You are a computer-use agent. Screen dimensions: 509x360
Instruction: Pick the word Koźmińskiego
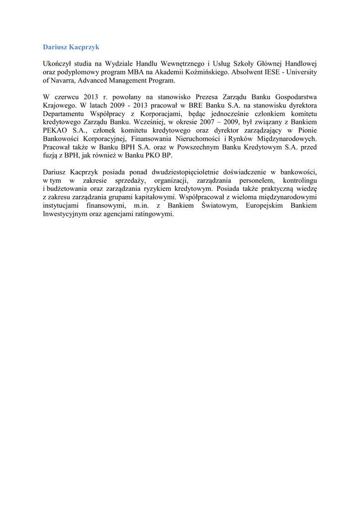pyautogui.click(x=208, y=72)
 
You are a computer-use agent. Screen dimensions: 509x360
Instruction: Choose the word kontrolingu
pyautogui.click(x=300, y=180)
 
